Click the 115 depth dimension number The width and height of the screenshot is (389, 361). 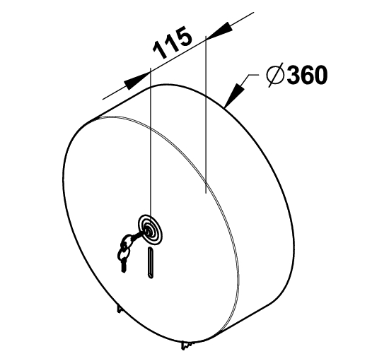[173, 42]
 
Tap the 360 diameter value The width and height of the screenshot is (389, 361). [307, 75]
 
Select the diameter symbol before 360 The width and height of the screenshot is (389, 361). [275, 75]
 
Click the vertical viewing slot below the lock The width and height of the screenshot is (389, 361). [151, 262]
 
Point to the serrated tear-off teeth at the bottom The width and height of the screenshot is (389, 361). [188, 345]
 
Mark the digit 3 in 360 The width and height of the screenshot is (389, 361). [294, 75]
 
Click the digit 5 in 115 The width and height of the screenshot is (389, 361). [184, 36]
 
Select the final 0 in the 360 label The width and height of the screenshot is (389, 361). [321, 75]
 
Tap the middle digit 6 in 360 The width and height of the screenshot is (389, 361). [307, 75]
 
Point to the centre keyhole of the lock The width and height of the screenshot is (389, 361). [148, 230]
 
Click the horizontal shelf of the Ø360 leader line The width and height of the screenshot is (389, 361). [253, 75]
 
